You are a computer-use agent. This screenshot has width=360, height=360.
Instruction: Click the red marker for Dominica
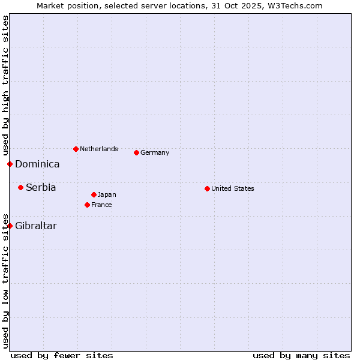(10, 164)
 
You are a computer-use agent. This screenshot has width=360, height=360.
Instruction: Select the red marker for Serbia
(20, 188)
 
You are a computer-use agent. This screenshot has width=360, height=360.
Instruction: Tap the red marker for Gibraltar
(10, 226)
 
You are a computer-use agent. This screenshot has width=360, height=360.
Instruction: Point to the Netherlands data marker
(76, 149)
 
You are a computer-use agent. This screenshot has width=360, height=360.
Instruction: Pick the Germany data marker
(136, 152)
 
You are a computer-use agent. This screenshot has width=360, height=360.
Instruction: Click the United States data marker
(207, 188)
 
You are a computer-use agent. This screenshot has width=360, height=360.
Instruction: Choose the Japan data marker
(94, 194)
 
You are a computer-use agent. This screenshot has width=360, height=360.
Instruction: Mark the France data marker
(87, 205)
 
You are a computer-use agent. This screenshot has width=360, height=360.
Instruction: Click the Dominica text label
(37, 164)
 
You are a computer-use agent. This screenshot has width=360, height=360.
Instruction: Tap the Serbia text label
(41, 188)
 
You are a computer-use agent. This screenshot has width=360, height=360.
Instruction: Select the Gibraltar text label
(36, 226)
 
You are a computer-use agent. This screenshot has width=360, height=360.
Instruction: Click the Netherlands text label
(99, 149)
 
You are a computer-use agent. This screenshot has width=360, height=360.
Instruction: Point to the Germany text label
(155, 152)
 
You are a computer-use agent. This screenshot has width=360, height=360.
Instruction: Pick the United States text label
(233, 188)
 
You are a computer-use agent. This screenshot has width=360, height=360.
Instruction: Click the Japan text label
(107, 194)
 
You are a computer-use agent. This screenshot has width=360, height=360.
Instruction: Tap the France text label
(101, 205)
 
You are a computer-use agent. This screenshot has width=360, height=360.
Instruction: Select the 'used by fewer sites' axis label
(62, 355)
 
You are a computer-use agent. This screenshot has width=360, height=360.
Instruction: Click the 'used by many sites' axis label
(301, 355)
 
